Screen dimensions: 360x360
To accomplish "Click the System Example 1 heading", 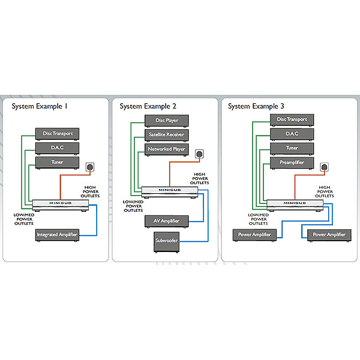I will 39,106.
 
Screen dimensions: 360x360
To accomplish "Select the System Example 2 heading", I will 147,106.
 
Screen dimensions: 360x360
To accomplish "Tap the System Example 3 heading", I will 256,106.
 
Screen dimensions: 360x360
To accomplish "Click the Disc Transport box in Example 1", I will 57,133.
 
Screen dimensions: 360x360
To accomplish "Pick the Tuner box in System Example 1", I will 57,162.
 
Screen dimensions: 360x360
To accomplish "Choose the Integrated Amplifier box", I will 57,235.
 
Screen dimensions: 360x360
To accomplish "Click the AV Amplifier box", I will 166,221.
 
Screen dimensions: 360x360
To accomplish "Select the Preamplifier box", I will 292,163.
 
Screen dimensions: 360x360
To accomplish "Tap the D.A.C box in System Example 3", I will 292,134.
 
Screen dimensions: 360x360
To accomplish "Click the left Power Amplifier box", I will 254,235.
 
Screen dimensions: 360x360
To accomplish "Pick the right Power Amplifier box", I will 329,235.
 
